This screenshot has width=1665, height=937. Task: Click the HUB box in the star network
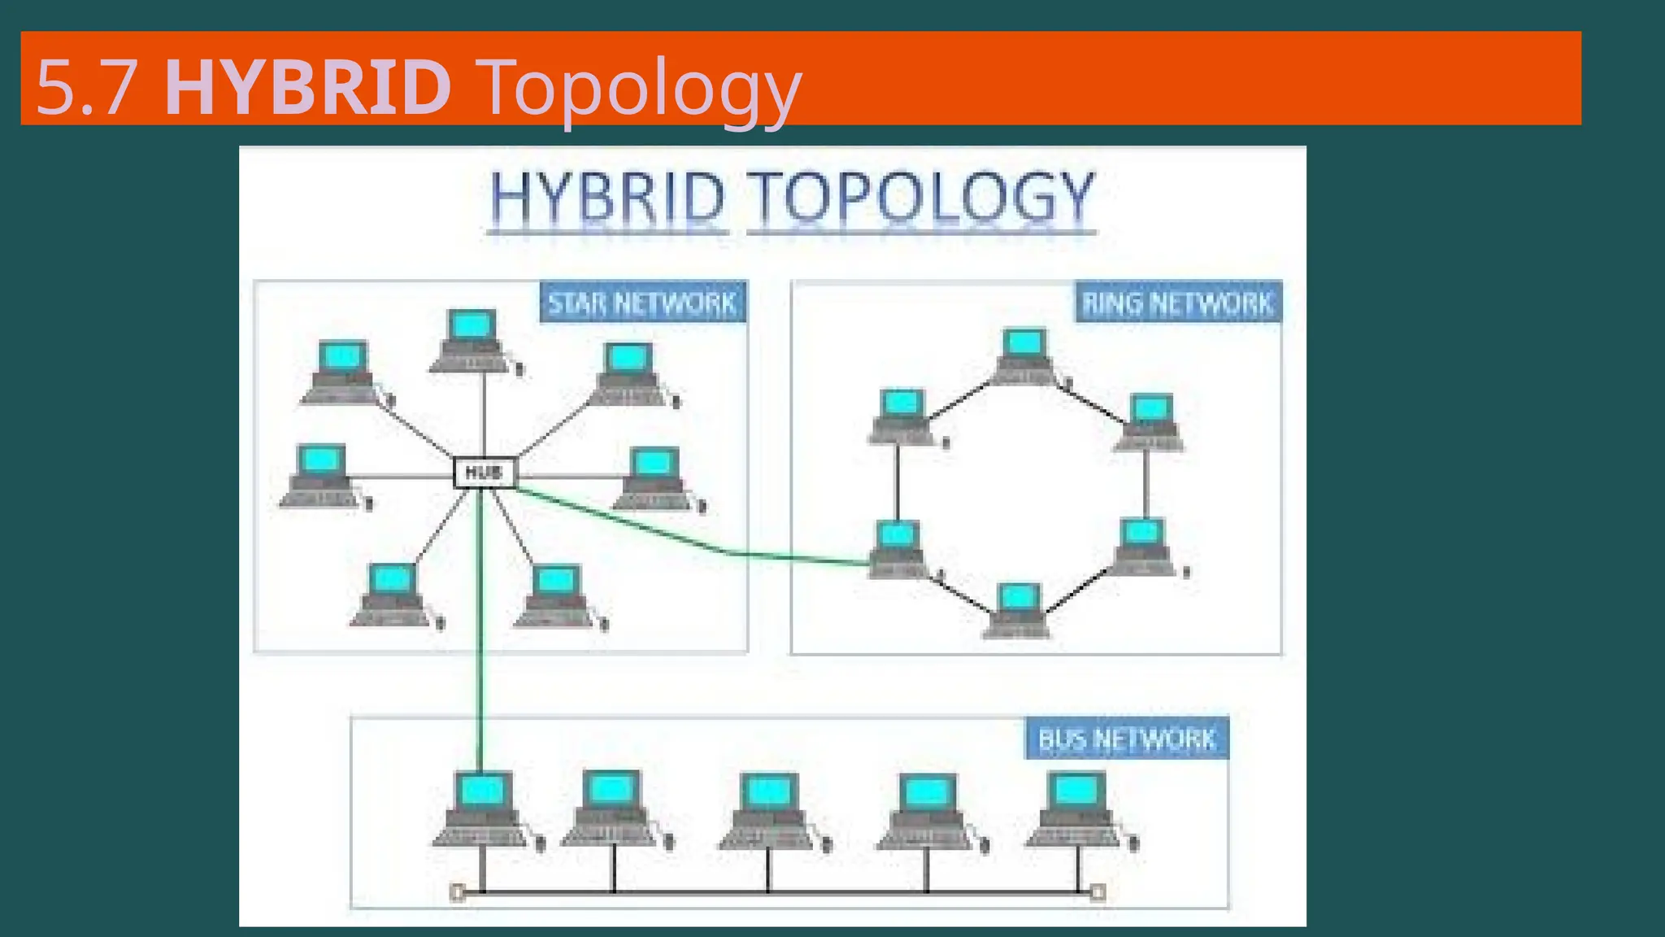(x=485, y=473)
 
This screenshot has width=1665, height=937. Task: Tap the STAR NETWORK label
(x=642, y=303)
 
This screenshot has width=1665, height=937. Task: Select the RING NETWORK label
(x=1177, y=303)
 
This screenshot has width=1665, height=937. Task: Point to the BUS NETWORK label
(x=1127, y=739)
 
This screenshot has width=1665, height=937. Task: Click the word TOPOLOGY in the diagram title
(x=920, y=198)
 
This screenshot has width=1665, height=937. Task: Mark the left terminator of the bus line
(x=457, y=893)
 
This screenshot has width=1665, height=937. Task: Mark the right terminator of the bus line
(x=1098, y=893)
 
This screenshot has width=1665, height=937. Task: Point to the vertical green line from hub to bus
(x=480, y=634)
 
